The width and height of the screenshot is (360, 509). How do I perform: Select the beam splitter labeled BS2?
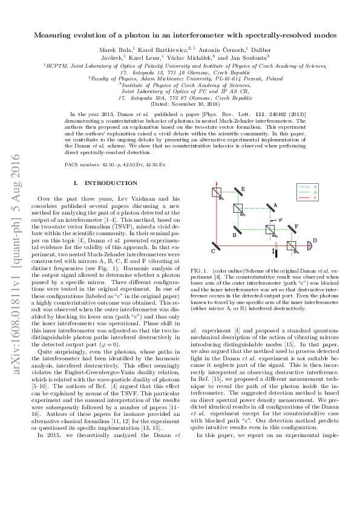click(x=238, y=209)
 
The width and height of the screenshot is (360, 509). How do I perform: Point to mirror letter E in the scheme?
click(x=243, y=190)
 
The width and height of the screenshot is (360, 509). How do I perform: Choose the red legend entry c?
click(x=316, y=197)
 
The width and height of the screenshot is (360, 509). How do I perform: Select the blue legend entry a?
click(x=316, y=186)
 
